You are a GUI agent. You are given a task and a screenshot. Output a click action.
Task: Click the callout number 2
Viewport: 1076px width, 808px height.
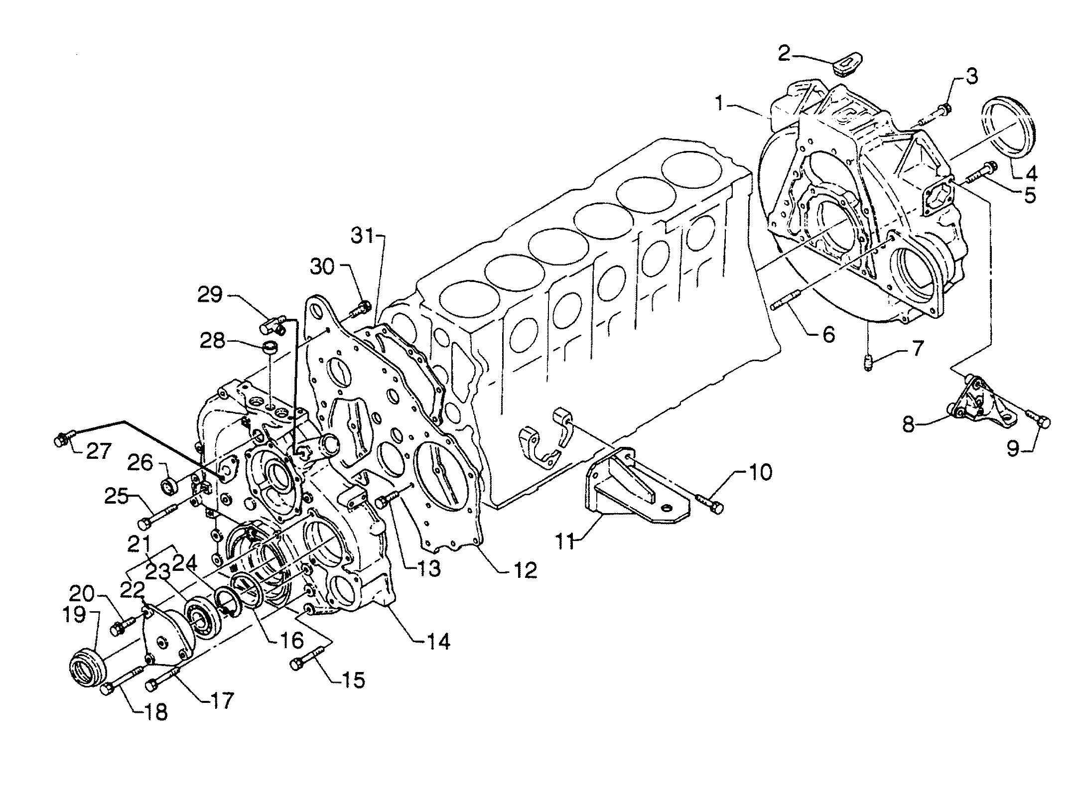[x=785, y=53]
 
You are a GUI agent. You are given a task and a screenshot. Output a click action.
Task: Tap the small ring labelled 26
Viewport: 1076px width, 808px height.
[x=169, y=486]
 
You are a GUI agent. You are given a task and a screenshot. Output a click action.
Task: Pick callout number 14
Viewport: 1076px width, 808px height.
[x=437, y=641]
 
